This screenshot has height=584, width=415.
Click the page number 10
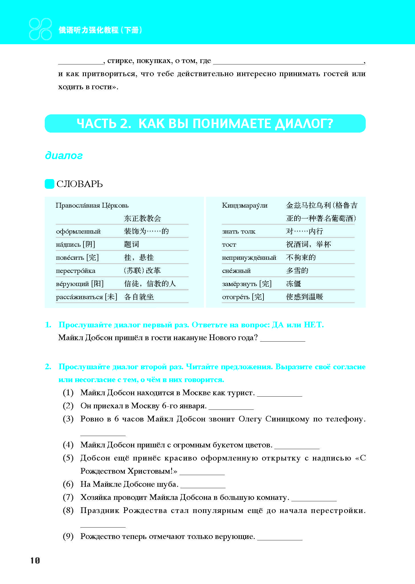[x=35, y=560]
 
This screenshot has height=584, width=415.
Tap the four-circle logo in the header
[x=40, y=29]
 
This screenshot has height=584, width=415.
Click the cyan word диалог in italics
[x=64, y=155]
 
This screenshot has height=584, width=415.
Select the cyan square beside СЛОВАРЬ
[x=50, y=184]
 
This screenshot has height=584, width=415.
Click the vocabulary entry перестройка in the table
[x=75, y=271]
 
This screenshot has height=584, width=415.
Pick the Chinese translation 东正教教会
[x=142, y=218]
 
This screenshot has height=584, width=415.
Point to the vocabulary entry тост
[x=229, y=245]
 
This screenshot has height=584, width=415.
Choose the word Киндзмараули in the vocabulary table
[x=245, y=205]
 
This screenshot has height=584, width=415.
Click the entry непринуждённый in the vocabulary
[x=249, y=258]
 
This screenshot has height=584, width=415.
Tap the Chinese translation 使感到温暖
[x=304, y=297]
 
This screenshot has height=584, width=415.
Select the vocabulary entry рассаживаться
[x=79, y=297]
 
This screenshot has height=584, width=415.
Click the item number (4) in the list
[x=68, y=445]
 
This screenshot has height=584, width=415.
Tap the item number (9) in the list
[x=68, y=536]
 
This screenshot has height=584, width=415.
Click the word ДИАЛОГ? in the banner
[x=304, y=123]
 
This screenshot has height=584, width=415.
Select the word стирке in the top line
[x=120, y=60]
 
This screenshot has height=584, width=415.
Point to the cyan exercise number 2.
[x=48, y=367]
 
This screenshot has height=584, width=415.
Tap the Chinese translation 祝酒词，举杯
[x=308, y=244]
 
